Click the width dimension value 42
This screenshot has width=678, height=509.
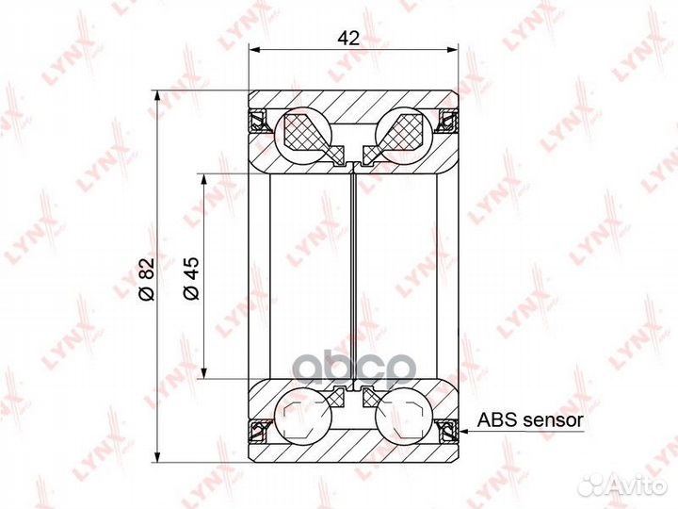[x=349, y=39]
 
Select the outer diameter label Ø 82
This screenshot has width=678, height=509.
[x=146, y=279]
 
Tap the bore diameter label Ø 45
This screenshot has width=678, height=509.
[x=191, y=278]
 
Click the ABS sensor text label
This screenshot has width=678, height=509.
[x=530, y=419]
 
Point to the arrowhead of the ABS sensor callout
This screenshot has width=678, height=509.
[x=463, y=431]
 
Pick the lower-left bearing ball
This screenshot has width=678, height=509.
[x=303, y=417]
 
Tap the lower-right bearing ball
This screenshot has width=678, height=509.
[x=404, y=417]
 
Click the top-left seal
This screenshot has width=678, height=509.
[x=258, y=121]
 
